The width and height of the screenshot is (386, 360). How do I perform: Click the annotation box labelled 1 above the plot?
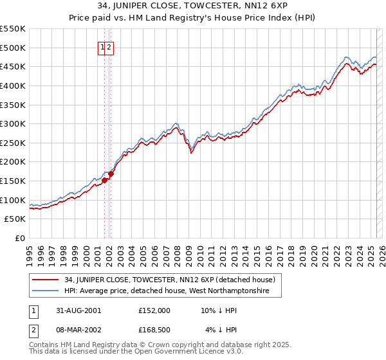(x=102, y=47)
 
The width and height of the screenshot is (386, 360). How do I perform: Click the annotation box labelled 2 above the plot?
(x=109, y=47)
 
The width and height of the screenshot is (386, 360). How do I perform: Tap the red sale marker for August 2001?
(x=105, y=180)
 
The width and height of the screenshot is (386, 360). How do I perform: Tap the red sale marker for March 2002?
(x=111, y=174)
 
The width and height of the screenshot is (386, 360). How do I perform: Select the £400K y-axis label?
(x=14, y=85)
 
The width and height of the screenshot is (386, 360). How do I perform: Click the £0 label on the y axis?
(x=21, y=238)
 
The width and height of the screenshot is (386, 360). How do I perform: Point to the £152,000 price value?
(x=154, y=310)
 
